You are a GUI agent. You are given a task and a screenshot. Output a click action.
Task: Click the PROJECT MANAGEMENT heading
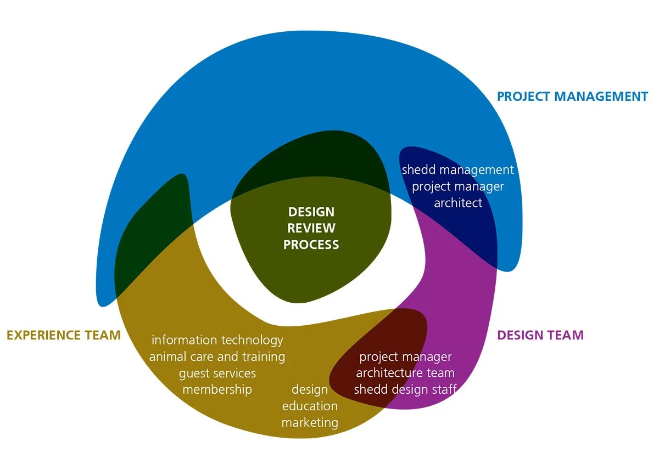pos(572,97)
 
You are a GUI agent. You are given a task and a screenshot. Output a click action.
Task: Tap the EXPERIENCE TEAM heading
pos(64,335)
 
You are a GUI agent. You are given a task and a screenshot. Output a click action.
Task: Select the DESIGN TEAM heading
pos(540,335)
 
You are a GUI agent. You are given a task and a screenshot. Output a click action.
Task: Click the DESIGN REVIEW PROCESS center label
pos(311,228)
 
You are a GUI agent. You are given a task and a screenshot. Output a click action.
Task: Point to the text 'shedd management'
pos(457,170)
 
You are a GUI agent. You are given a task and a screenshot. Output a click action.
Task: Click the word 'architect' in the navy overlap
pos(458,203)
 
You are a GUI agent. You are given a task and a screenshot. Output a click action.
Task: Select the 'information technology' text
pos(217,340)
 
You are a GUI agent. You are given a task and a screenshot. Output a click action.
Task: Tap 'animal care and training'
pos(217,356)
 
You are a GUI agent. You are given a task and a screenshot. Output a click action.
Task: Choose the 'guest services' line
pos(217,373)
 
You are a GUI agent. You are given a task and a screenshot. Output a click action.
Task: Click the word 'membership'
pos(217,390)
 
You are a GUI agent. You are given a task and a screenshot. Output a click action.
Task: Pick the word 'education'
pos(310,406)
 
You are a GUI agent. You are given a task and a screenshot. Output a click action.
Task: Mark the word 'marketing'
pos(310,423)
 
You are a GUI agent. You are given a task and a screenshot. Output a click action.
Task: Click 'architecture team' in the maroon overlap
pos(405,373)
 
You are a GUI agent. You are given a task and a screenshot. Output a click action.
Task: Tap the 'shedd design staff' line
pos(405,390)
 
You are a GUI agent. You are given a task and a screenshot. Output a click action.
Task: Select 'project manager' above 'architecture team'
pos(405,357)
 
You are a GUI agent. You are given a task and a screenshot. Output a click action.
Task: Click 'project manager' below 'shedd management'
pos(457,186)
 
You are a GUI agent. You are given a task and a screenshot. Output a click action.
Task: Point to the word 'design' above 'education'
pos(310,390)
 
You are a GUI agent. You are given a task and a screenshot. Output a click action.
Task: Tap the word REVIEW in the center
pos(311,228)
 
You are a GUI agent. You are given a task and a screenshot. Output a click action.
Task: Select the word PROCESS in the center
pos(311,245)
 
